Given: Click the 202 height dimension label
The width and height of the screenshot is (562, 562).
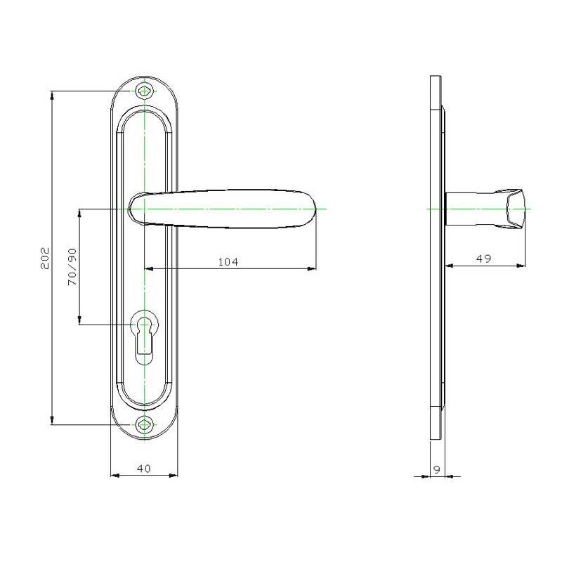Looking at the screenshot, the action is [45, 258].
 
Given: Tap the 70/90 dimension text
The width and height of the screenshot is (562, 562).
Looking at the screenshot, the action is [72, 267].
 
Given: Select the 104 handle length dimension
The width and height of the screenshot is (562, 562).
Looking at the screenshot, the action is [228, 262].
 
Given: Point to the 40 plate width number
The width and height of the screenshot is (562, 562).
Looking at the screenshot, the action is [144, 469].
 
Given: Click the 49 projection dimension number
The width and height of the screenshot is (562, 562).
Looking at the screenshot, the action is [483, 259].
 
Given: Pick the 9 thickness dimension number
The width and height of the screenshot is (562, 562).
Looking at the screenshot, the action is [436, 469].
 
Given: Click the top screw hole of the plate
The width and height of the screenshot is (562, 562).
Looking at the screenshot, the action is [144, 91].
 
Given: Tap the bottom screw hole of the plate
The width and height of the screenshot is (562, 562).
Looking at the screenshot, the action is [144, 425].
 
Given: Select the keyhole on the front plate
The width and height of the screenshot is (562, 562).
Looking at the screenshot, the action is [145, 337].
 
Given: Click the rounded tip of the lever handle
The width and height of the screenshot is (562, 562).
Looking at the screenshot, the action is [313, 209].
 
